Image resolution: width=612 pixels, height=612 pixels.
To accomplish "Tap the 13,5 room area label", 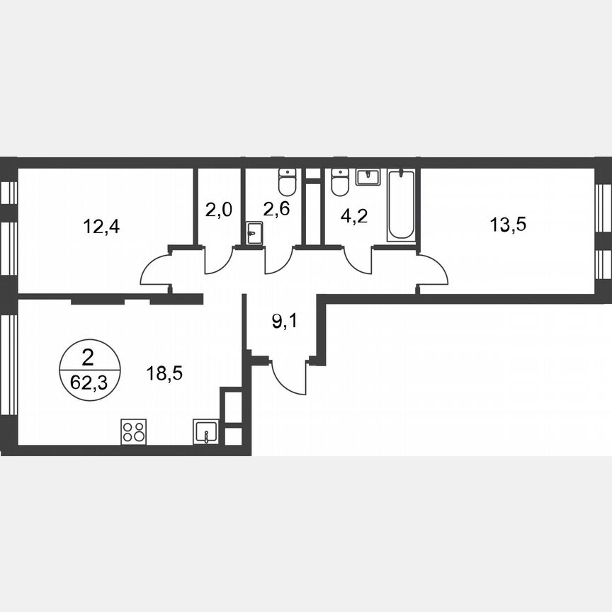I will click(x=508, y=225).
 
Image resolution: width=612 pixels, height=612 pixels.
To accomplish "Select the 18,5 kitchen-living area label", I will click(x=164, y=373).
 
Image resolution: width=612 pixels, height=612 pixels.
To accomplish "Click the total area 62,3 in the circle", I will click(x=89, y=385).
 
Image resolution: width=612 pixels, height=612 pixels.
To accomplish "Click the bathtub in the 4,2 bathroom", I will click(x=401, y=205).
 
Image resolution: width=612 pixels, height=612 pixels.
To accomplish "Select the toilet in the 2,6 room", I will click(x=287, y=182).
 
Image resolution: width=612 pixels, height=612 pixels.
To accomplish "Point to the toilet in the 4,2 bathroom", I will click(x=340, y=182).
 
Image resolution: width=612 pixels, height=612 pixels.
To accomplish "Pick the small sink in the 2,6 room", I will click(x=254, y=233).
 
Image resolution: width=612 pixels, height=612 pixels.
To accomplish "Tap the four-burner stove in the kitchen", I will click(x=134, y=431).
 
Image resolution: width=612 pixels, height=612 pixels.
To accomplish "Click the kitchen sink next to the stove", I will click(x=205, y=431).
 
